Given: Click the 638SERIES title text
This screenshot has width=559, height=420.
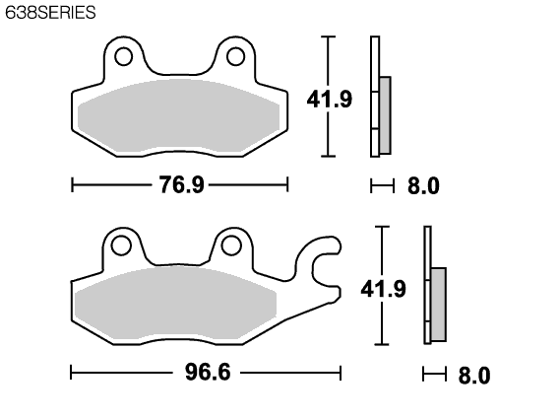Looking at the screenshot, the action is point(50,13).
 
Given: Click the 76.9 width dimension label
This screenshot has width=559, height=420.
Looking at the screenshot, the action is point(181,184).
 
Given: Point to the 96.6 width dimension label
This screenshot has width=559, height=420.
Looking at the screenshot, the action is point(208,372).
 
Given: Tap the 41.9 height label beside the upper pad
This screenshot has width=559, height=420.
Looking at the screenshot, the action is point(330,99).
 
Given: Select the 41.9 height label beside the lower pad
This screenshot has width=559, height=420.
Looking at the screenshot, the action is point(383,289).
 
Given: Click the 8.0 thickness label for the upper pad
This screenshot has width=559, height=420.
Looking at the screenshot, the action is point(423,186).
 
